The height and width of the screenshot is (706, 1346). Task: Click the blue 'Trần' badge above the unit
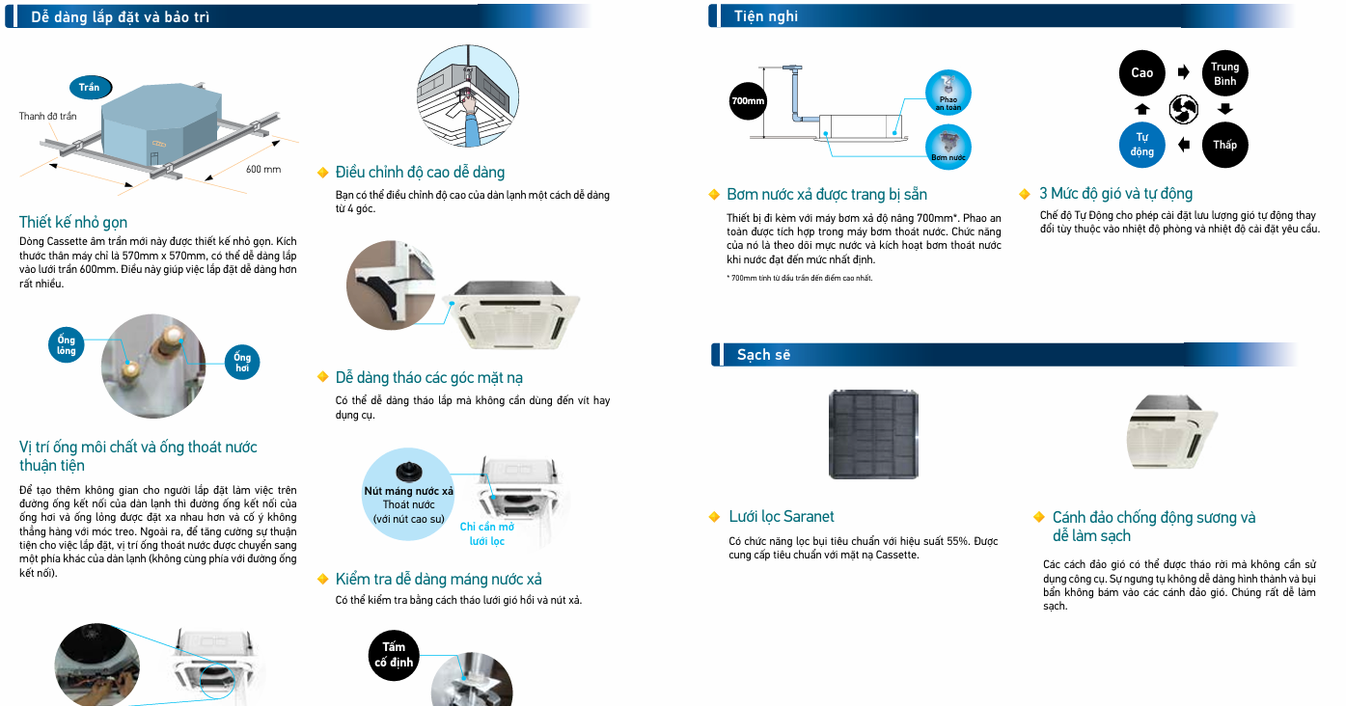coord(90,87)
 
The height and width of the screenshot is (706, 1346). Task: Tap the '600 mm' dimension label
coord(263,170)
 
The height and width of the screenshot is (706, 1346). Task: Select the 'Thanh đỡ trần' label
coord(47,117)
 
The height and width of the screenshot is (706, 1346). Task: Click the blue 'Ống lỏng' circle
coord(67,345)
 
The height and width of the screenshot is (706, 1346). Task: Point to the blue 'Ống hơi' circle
coord(242,363)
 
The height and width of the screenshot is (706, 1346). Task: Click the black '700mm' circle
coord(748,100)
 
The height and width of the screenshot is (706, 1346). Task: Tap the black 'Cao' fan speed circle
coord(1141,73)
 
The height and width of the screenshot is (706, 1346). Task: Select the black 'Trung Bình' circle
coord(1224,73)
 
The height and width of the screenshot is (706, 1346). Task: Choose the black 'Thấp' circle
coord(1224,145)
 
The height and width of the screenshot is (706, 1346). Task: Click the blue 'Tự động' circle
coord(1141,145)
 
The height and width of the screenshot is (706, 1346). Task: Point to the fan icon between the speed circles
coord(1183,109)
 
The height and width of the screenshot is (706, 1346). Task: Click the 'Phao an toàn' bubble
coord(948,93)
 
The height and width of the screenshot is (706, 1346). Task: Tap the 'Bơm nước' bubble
coord(948,147)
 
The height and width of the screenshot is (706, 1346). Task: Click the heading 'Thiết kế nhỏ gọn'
coord(73,222)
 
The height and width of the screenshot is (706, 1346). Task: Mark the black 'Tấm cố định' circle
coord(394,654)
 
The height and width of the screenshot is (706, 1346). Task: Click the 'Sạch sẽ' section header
coord(763,355)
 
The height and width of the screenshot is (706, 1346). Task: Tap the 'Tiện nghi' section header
coord(766,16)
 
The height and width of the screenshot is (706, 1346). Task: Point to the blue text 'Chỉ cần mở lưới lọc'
coord(487,534)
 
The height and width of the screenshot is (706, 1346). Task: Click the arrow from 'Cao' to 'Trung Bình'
coord(1184,73)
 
